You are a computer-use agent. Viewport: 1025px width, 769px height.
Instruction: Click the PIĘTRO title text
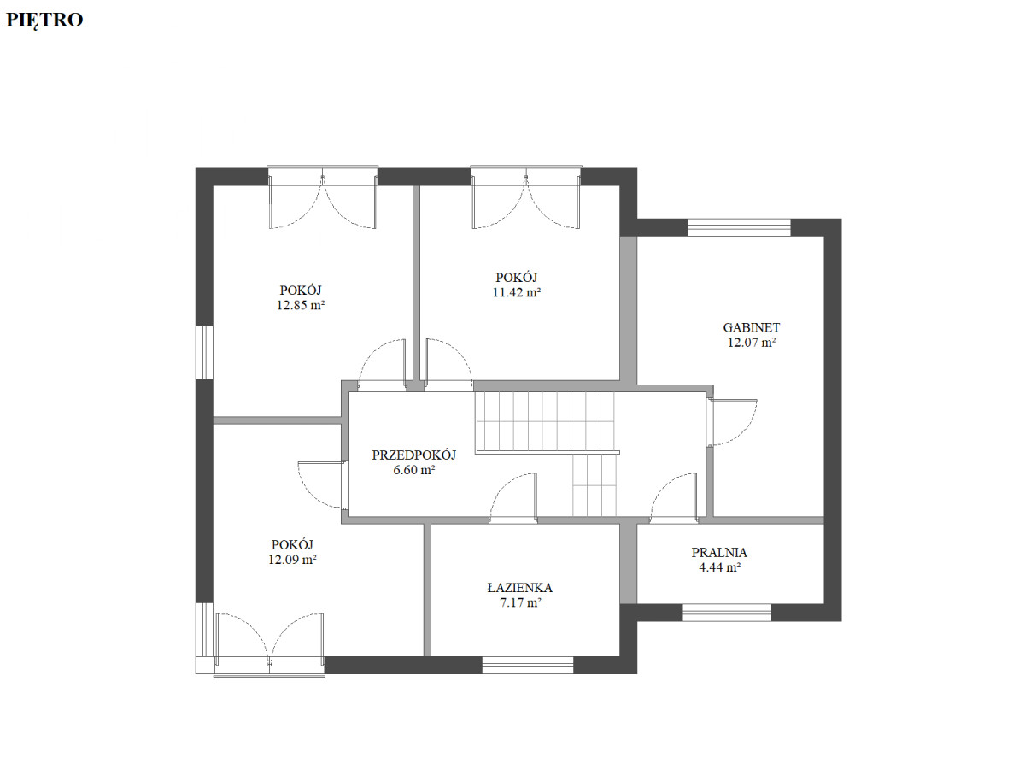point(44,20)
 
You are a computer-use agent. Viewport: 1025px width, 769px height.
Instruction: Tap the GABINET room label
point(751,328)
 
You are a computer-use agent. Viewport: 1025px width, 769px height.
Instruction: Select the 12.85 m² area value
point(301,305)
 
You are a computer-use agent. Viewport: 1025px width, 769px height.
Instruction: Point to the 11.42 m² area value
point(517,292)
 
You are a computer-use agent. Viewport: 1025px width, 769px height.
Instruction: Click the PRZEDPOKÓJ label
point(413,455)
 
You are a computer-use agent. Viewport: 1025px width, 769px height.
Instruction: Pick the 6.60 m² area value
point(413,470)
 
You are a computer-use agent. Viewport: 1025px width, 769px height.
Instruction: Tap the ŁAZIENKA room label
point(519,587)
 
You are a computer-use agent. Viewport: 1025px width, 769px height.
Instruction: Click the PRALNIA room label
point(719,552)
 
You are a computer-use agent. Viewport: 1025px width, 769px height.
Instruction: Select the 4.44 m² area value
point(719,567)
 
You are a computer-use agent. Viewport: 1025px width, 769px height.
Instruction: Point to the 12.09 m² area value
point(292,560)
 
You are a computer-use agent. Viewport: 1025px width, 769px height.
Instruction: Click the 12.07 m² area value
point(752,343)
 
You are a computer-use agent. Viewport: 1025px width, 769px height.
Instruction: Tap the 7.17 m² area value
point(520,602)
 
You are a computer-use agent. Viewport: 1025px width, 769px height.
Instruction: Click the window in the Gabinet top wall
point(739,227)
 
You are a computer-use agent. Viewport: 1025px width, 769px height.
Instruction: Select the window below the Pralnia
point(727,612)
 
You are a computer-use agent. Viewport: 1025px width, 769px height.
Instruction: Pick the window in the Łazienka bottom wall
point(527,665)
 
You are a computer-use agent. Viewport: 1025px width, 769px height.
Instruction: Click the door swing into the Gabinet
point(732,422)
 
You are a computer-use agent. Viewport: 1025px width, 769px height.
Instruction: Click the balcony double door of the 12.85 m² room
point(322,197)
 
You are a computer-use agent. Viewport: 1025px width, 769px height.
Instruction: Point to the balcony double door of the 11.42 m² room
point(526,197)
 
